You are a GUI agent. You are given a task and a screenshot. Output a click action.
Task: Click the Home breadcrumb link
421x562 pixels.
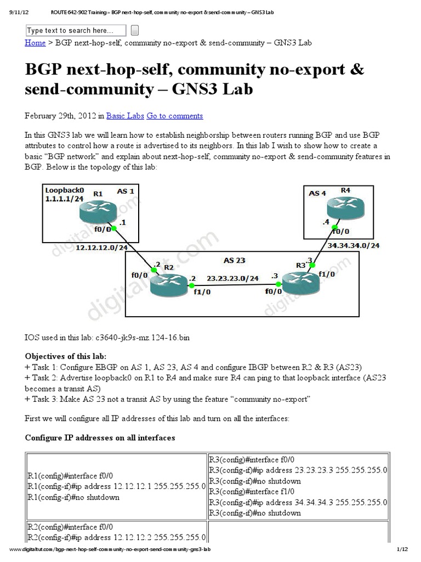pyautogui.click(x=35, y=42)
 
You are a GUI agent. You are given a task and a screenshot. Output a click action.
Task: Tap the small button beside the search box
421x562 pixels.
pyautogui.click(x=135, y=30)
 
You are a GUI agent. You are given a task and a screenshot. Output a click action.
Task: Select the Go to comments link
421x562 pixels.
pyautogui.click(x=174, y=116)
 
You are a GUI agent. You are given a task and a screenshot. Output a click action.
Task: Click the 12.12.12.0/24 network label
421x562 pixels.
pyautogui.click(x=101, y=248)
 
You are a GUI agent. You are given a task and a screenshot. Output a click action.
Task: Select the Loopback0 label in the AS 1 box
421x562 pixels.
pyautogui.click(x=64, y=192)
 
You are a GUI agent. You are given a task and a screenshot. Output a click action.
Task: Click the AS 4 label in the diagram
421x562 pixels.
pyautogui.click(x=317, y=193)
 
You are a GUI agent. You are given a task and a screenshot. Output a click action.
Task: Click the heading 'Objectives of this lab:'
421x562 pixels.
pyautogui.click(x=66, y=356)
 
